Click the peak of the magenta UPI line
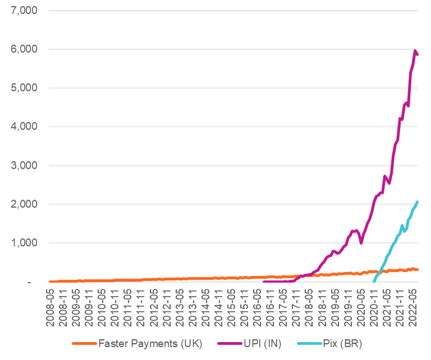point(415,51)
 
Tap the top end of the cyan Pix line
point(417,201)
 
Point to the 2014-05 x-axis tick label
point(207,303)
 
